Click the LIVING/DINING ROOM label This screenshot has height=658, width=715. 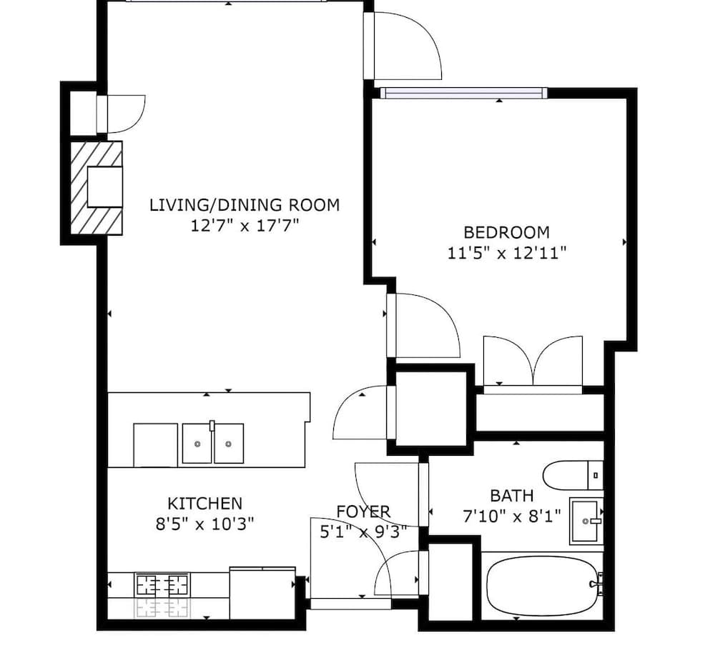[x=245, y=205]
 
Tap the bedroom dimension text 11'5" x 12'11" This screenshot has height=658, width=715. [x=507, y=252]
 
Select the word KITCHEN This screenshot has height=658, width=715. [x=204, y=504]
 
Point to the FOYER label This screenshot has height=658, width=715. [x=363, y=512]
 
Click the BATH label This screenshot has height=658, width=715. [x=512, y=495]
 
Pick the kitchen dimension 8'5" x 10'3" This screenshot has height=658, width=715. [x=204, y=524]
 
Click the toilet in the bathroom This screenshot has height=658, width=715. [x=573, y=475]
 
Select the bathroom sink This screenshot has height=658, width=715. [x=586, y=521]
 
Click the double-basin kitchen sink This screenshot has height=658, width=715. [x=212, y=443]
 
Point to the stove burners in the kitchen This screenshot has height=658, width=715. [x=162, y=584]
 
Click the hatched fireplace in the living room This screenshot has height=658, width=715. [x=97, y=188]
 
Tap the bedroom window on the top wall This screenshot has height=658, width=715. [x=464, y=93]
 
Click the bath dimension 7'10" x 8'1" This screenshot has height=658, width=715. [x=512, y=517]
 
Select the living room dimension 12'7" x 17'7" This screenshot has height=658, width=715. [x=245, y=226]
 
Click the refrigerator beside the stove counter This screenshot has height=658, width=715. [x=262, y=593]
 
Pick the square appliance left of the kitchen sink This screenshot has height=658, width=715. [x=155, y=445]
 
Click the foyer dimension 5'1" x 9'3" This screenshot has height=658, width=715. [x=363, y=532]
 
